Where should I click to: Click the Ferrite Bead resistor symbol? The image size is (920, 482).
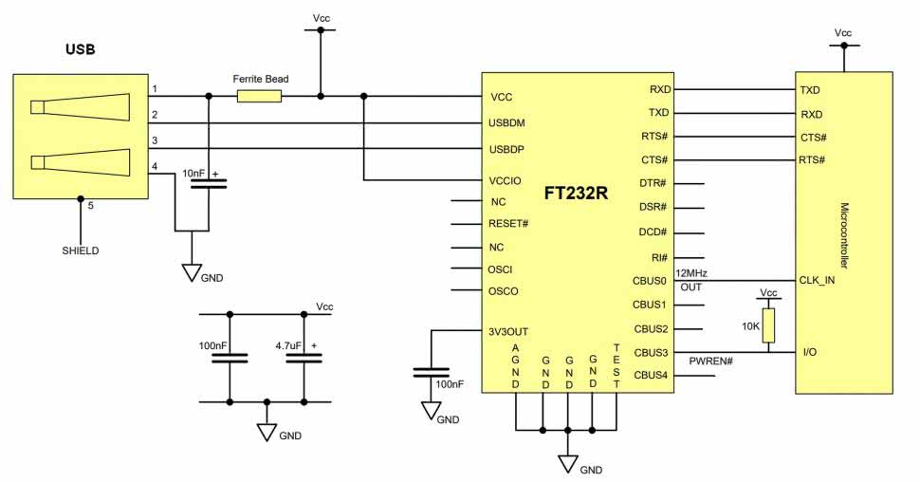[x=259, y=96]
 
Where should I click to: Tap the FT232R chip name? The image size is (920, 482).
[x=576, y=193]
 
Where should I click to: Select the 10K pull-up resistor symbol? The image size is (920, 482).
[x=769, y=324]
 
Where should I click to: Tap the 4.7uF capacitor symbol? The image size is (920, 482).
[x=304, y=357]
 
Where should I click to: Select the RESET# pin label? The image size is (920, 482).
[x=508, y=225]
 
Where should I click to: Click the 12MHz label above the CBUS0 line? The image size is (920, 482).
[x=691, y=273]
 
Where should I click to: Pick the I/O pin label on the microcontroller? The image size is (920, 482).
[x=811, y=353]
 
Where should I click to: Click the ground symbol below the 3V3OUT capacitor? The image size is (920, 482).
[x=432, y=412]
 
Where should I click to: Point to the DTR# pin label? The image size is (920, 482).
[x=652, y=183]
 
